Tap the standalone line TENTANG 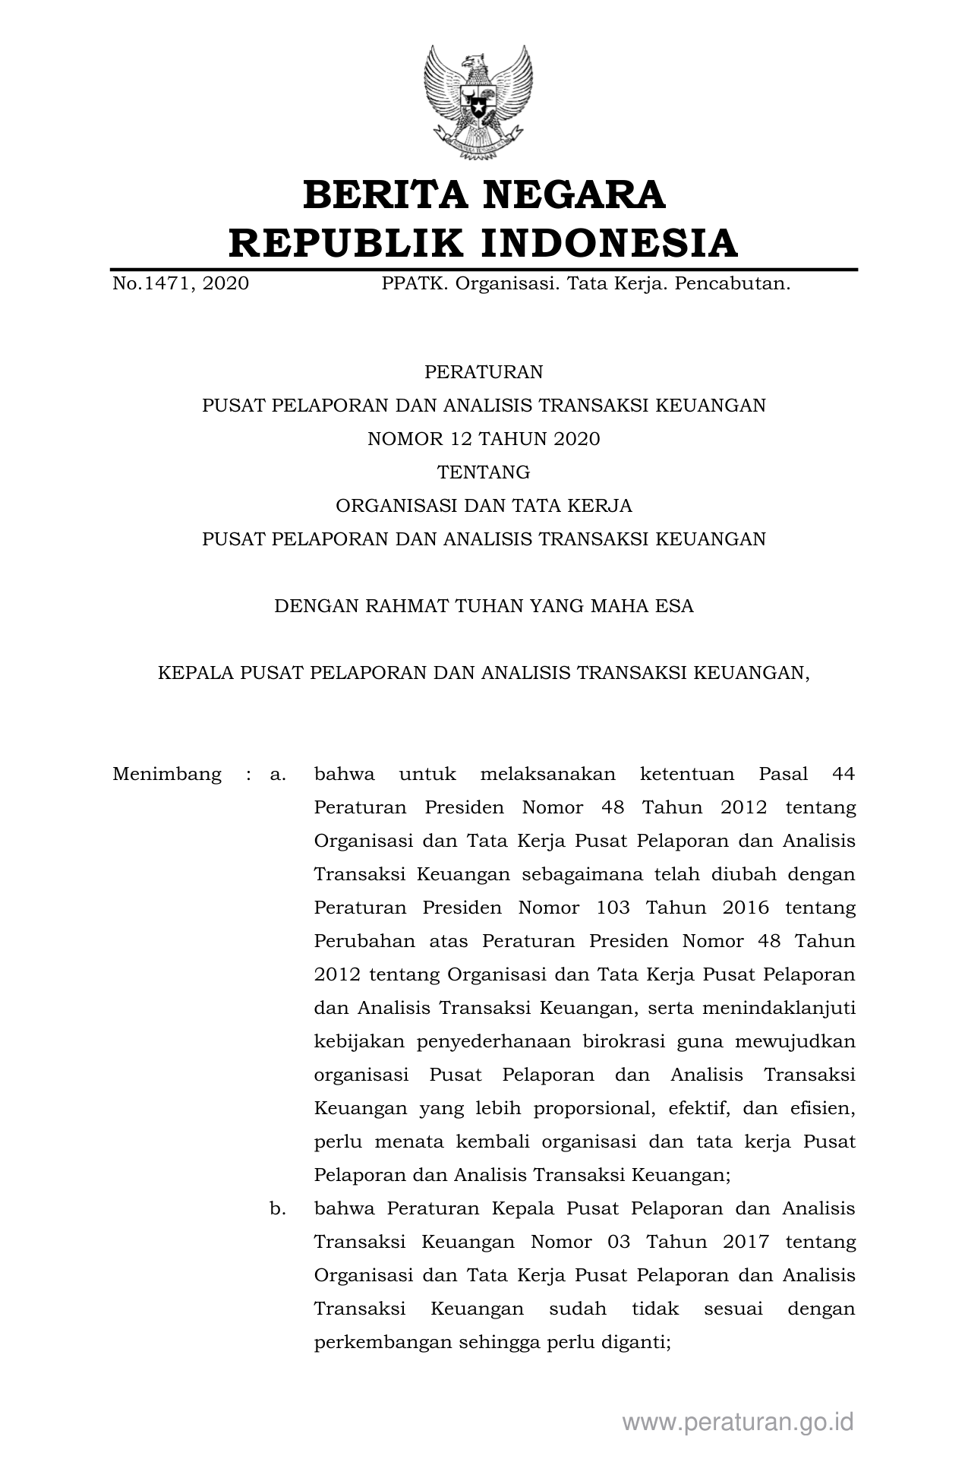point(484,472)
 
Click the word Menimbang point(167,775)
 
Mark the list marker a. point(278,775)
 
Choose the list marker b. point(278,1208)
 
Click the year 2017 point(746,1242)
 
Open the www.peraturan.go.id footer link point(738,1422)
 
